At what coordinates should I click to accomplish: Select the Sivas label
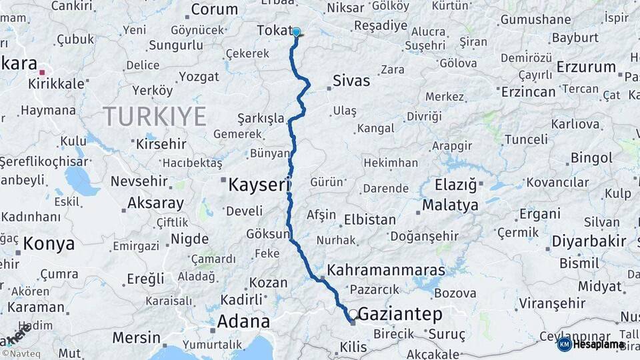point(352,81)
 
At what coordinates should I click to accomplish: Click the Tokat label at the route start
point(274,31)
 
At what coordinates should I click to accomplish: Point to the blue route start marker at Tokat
point(296,31)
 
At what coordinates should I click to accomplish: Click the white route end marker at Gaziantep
point(353,313)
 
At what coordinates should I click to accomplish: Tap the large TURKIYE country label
point(155,117)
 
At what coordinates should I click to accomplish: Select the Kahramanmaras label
point(386,271)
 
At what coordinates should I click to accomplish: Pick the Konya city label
point(49,244)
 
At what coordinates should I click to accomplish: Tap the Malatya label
point(450,205)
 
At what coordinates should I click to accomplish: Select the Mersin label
point(136,337)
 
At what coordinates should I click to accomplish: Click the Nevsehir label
point(137,181)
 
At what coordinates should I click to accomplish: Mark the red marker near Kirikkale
point(42,72)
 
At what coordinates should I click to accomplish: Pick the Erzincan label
point(528,91)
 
